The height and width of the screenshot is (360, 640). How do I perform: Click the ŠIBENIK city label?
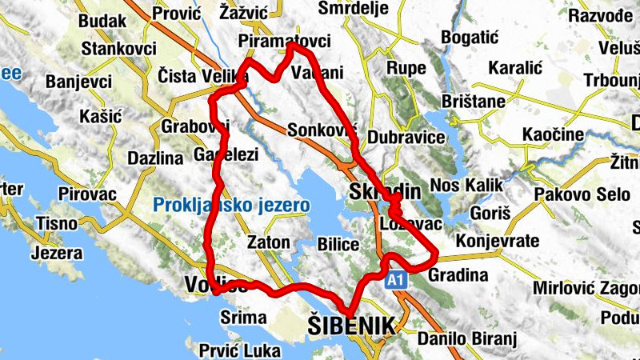351,326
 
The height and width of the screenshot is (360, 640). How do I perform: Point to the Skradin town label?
374,192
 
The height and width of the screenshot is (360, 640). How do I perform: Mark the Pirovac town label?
88,194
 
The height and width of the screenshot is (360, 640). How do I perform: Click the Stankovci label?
117,48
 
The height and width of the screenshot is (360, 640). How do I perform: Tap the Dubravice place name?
407,137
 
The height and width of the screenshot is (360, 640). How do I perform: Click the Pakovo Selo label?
573,194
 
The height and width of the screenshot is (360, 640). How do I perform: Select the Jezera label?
56,254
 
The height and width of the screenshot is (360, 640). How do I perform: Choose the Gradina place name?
458,276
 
